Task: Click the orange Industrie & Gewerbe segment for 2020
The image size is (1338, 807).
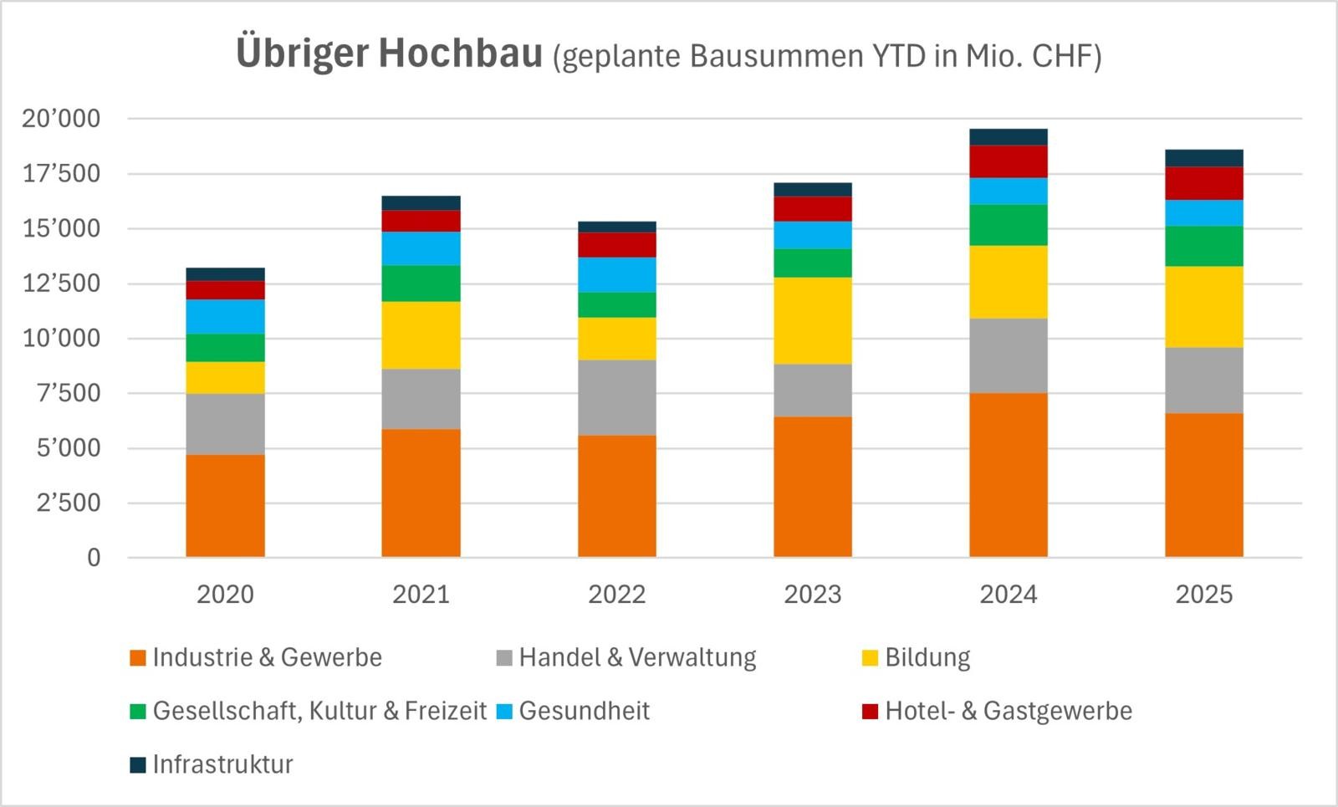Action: [x=225, y=506]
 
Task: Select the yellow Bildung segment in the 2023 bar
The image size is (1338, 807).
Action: [x=812, y=320]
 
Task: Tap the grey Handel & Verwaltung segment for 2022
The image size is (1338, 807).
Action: [x=616, y=397]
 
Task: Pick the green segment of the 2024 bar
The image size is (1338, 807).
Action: [x=1008, y=225]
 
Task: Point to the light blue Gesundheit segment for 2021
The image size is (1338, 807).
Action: [x=421, y=248]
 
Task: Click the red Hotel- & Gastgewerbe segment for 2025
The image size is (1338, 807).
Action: [x=1203, y=183]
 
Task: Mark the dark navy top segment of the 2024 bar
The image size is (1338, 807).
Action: [x=1008, y=137]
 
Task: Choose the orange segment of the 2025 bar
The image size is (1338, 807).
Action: [x=1203, y=485]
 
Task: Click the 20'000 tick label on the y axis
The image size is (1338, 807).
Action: [x=61, y=119]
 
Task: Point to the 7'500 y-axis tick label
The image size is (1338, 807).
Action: [x=68, y=393]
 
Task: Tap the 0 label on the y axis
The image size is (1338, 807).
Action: [x=94, y=558]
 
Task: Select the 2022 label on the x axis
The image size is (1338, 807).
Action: [x=616, y=595]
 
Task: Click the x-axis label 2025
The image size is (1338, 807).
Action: [x=1203, y=595]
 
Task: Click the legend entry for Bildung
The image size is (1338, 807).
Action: [x=927, y=657]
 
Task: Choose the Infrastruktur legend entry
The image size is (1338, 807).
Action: [x=222, y=764]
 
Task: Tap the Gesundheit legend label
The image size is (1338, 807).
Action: [x=584, y=711]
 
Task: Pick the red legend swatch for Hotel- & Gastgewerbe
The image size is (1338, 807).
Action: [x=870, y=712]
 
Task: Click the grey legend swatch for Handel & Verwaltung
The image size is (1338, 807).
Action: [x=504, y=658]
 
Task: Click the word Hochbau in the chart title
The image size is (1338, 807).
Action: [x=460, y=54]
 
